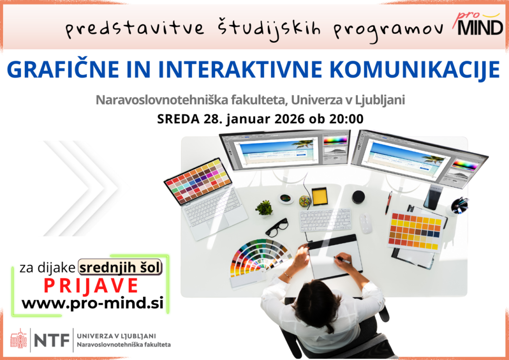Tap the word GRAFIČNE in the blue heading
tap(63, 69)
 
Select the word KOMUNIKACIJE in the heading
tap(417, 70)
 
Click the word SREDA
tap(178, 119)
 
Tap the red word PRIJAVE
tap(91, 286)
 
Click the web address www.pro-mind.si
tap(92, 303)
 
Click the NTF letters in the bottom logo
tap(52, 340)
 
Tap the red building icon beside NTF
tap(19, 339)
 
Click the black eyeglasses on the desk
tap(277, 227)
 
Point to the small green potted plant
tap(264, 208)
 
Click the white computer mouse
tap(365, 223)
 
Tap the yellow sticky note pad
tap(320, 196)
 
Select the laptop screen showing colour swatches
tap(198, 181)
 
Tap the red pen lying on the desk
tap(389, 202)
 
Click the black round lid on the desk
tap(358, 197)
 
